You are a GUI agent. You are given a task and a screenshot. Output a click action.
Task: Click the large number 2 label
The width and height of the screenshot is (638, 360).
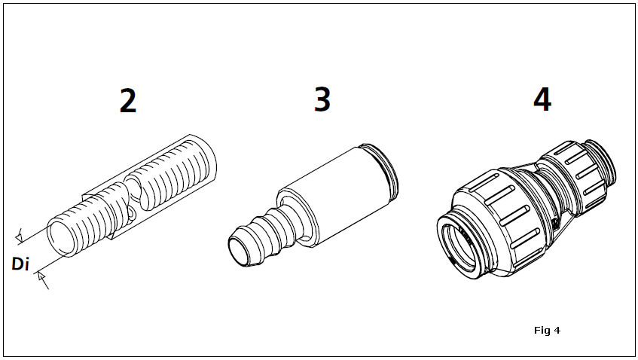[x=128, y=101]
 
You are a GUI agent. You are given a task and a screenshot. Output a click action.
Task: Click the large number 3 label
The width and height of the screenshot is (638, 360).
[x=322, y=99]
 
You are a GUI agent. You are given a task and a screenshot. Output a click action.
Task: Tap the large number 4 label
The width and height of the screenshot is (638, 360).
[x=542, y=99]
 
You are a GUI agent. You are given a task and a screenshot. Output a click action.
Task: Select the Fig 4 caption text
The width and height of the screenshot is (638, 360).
[x=548, y=331]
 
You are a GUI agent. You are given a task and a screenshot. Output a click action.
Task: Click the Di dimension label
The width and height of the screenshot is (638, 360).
[x=20, y=264]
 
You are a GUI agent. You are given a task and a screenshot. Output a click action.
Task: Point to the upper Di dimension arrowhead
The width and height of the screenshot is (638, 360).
[x=19, y=236]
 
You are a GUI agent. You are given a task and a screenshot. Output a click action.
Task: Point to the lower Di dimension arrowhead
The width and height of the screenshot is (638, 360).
[x=41, y=277]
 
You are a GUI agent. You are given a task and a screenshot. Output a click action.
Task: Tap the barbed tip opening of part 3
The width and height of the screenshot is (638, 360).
[x=240, y=250]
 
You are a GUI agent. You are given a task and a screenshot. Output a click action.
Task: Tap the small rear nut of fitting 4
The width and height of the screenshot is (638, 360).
[x=574, y=177]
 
